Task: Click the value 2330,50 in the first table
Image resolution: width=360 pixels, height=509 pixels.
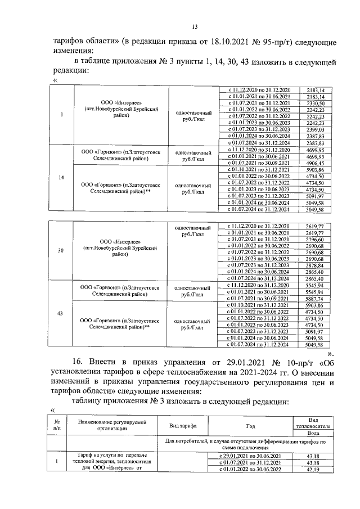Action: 315,104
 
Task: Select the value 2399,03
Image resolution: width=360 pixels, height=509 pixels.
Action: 315,129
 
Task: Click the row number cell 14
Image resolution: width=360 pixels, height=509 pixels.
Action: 61,178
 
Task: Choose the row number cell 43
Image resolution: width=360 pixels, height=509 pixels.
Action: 61,313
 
